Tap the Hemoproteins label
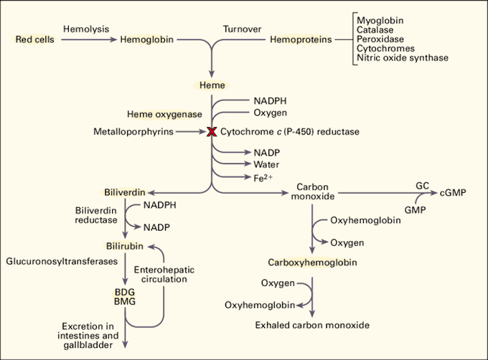pos(301,39)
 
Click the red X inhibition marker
pos(212,132)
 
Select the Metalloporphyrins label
pos(133,132)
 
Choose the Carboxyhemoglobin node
pos(313,262)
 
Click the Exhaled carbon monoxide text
pos(312,325)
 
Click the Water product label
pos(266,164)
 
